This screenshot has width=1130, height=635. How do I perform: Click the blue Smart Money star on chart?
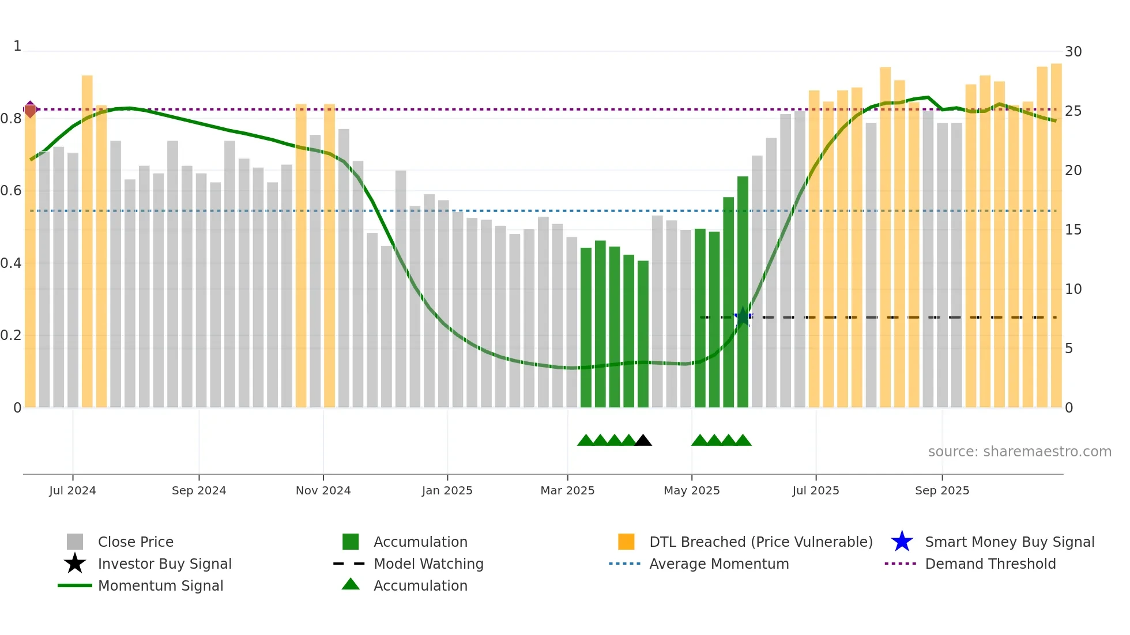(x=743, y=316)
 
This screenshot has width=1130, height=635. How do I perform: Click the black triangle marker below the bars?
(x=643, y=441)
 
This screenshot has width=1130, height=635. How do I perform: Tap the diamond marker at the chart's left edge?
(x=31, y=109)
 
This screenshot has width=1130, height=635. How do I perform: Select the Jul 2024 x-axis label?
(x=73, y=490)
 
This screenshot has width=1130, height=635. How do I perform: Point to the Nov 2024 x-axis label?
(x=323, y=490)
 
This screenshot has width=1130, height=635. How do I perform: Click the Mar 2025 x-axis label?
(x=567, y=490)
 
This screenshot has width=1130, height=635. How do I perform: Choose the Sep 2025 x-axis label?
(x=942, y=490)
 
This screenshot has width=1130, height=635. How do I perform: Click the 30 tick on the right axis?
(x=1073, y=52)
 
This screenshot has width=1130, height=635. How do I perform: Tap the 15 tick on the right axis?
(x=1073, y=230)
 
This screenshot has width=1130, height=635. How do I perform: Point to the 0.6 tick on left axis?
(x=12, y=191)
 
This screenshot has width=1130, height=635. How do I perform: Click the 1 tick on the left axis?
(x=17, y=46)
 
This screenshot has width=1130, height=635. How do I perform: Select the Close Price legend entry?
(x=135, y=542)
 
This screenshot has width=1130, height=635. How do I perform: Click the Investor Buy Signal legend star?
(x=75, y=564)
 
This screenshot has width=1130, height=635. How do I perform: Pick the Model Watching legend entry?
(x=428, y=564)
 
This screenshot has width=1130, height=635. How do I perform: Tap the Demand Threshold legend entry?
(x=990, y=564)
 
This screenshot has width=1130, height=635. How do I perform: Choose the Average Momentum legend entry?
(x=718, y=564)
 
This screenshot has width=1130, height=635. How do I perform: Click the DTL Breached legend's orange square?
(x=626, y=542)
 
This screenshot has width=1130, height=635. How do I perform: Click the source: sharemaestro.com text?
(x=1019, y=452)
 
